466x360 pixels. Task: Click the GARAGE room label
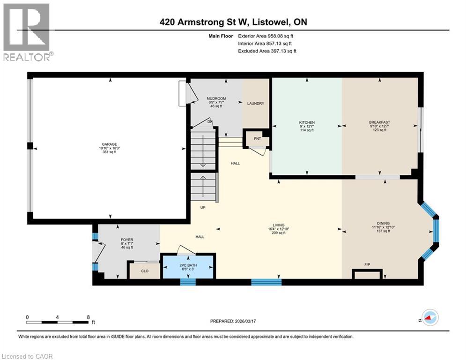[111, 144]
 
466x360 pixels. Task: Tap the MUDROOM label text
[216, 98]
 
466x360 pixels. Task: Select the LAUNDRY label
[256, 104]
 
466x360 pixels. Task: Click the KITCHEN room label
[307, 123]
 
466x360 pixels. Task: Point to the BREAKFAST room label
[379, 123]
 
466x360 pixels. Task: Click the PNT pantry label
[258, 139]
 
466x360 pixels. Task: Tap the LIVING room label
[281, 225]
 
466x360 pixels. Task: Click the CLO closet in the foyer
[145, 270]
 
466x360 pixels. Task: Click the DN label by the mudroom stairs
[210, 122]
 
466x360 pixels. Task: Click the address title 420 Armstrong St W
[233, 22]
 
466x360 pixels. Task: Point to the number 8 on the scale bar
[88, 317]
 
